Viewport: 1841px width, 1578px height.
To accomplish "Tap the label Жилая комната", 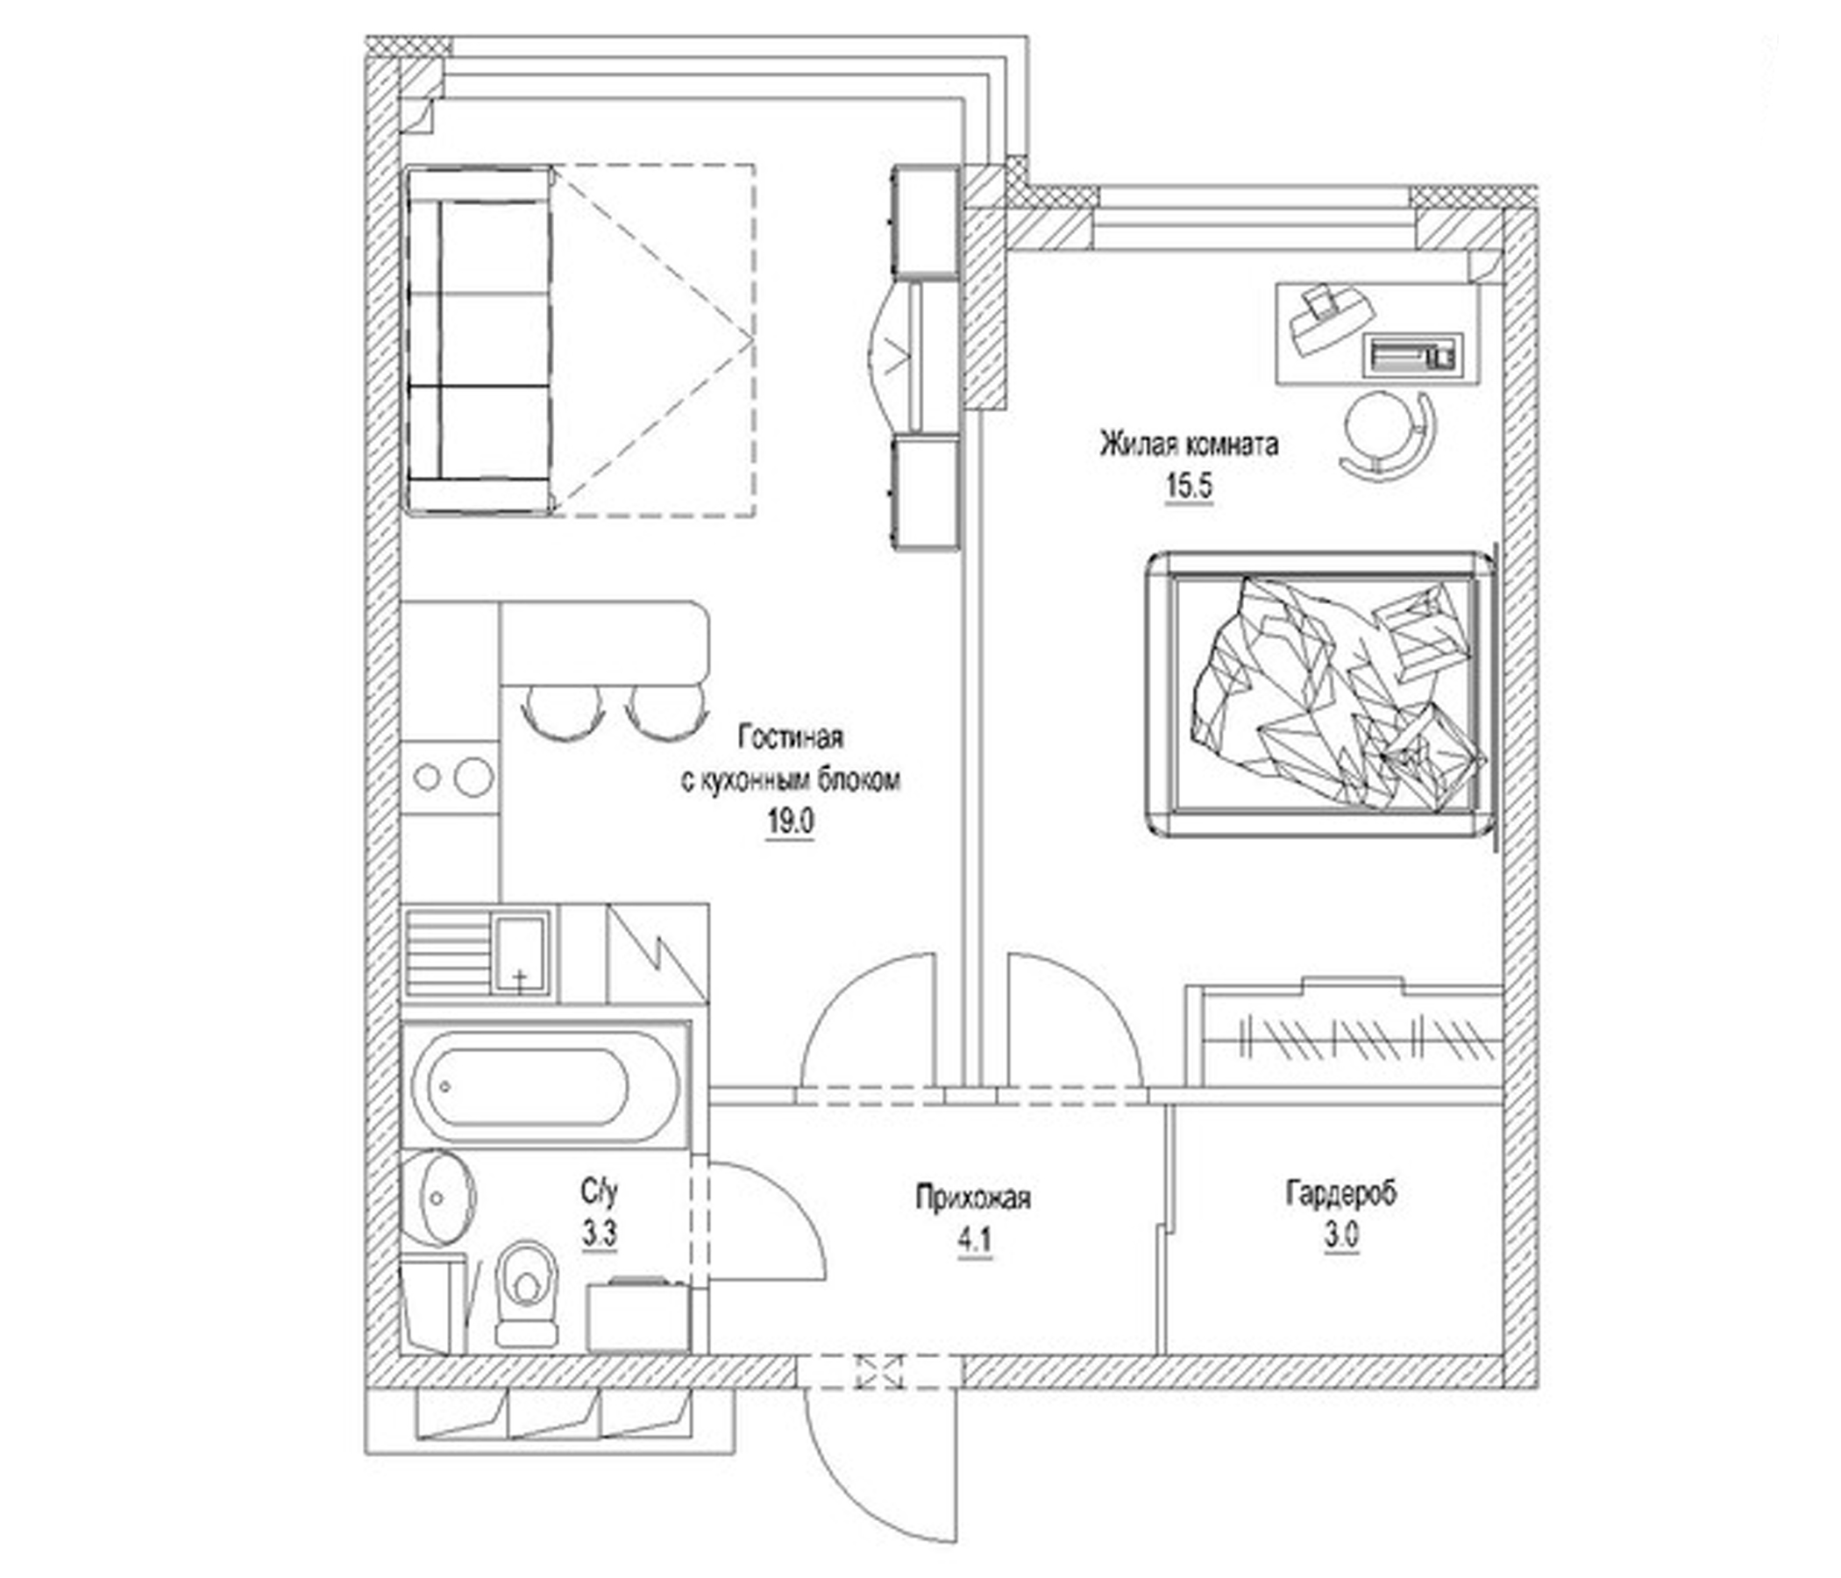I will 1189,444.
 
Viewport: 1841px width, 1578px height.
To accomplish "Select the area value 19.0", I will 790,822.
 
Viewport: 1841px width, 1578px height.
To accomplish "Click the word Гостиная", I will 790,737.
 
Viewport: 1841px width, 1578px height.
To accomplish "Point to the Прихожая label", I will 973,1197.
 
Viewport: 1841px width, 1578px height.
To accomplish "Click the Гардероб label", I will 1340,1193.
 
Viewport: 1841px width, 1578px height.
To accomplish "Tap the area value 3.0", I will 1340,1237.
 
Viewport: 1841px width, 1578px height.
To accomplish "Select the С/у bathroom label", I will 599,1191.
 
